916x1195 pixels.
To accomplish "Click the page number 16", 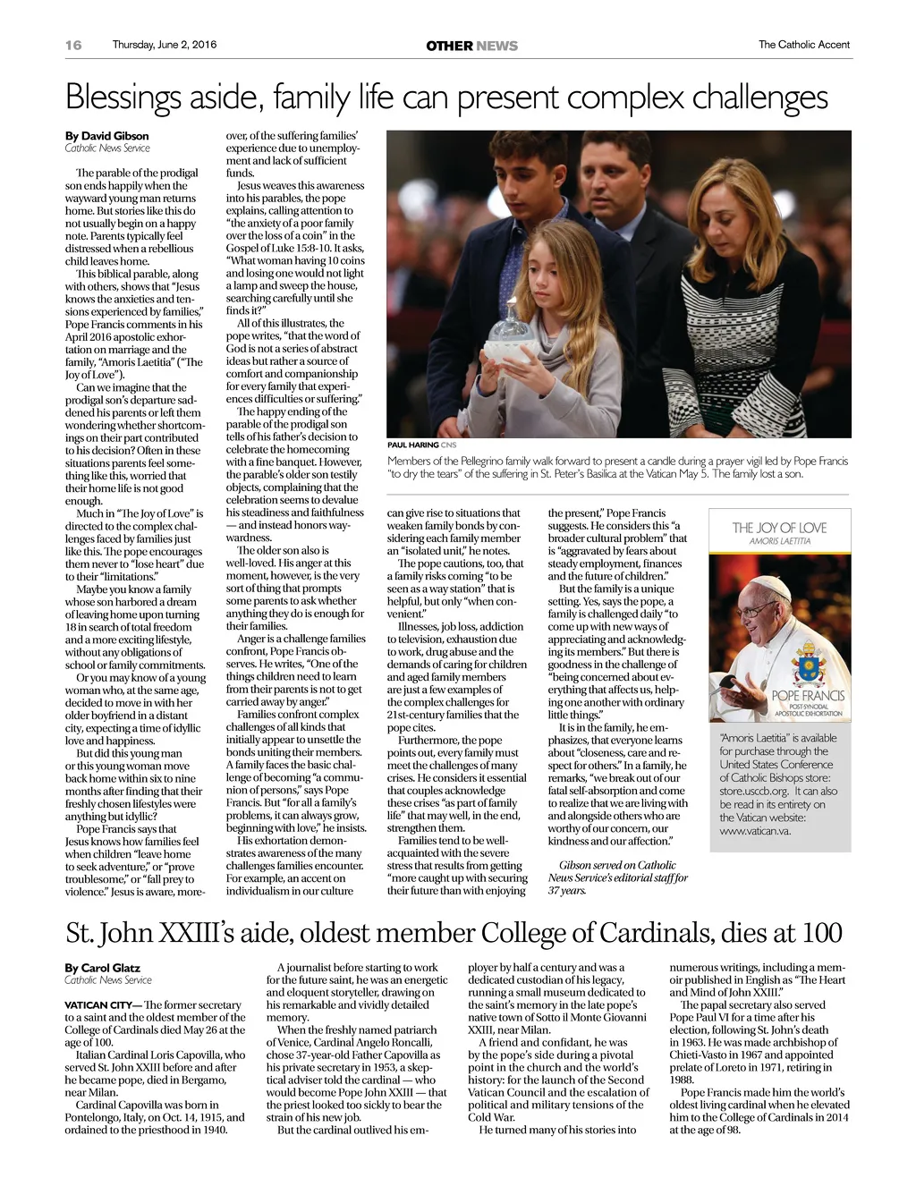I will click(73, 45).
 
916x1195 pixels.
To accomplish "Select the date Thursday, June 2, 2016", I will click(164, 45).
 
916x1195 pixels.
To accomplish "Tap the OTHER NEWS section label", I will click(471, 46).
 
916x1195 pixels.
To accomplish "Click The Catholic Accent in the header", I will click(803, 45).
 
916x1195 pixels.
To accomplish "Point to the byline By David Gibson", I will click(106, 136).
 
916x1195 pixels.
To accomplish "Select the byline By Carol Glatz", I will click(102, 968).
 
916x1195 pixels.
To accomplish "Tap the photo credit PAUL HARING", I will click(412, 445).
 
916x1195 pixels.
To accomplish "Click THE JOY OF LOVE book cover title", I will click(779, 528).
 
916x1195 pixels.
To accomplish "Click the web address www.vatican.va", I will click(755, 831).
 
